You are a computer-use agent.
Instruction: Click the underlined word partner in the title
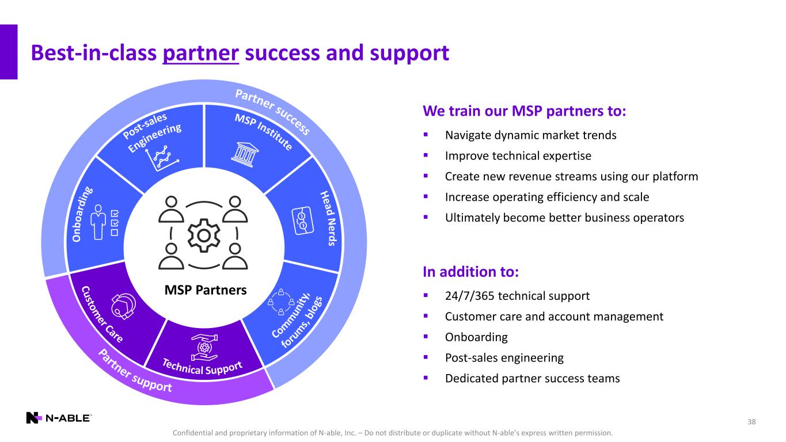(x=201, y=54)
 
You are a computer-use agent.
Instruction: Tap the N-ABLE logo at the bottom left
(x=58, y=418)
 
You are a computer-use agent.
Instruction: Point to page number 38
(x=751, y=422)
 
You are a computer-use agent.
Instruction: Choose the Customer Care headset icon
(x=123, y=303)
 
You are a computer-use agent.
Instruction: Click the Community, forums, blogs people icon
(x=281, y=302)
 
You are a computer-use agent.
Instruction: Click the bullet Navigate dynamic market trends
(x=530, y=135)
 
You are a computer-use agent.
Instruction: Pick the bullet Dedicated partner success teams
(x=532, y=379)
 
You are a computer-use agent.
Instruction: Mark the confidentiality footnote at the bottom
(x=393, y=432)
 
